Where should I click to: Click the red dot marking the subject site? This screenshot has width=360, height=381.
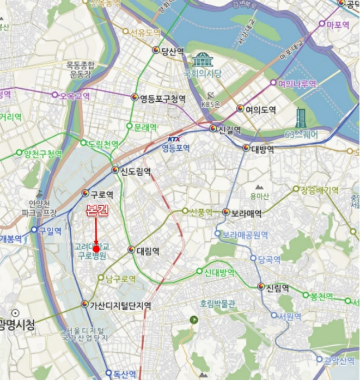[96, 249]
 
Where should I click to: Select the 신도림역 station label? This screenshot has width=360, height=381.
[135, 171]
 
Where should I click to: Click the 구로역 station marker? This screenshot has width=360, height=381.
[86, 193]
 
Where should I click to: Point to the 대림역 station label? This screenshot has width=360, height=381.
[148, 251]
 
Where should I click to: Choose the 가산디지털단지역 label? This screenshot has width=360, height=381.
[120, 305]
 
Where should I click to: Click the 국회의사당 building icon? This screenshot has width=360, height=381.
[203, 60]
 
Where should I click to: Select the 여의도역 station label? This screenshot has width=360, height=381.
[260, 110]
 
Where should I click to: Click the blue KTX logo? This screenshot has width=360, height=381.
[174, 139]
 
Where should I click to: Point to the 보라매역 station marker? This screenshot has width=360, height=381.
[226, 212]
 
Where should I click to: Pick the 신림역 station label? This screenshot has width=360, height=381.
[278, 288]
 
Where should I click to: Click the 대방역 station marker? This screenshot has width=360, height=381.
[246, 148]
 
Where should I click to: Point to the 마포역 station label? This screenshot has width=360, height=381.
[338, 24]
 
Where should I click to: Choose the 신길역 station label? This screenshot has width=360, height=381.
[229, 130]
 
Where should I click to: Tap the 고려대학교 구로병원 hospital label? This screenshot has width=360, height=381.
[91, 251]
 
